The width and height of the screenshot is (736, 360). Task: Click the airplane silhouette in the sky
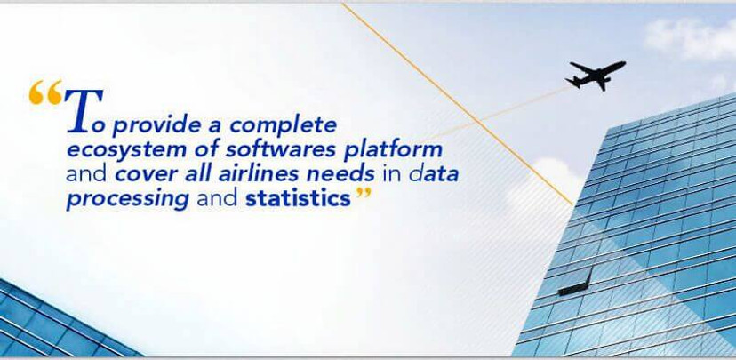pyautogui.click(x=596, y=75)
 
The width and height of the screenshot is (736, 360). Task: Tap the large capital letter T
pyautogui.click(x=84, y=110)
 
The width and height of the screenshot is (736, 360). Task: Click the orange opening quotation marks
pyautogui.click(x=45, y=92)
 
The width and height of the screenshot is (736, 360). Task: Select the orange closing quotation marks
pyautogui.click(x=364, y=194)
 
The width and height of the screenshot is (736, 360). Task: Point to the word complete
pyautogui.click(x=283, y=126)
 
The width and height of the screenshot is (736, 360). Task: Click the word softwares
pyautogui.click(x=281, y=149)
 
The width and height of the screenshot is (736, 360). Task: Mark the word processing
pyautogui.click(x=128, y=199)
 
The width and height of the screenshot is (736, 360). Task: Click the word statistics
pyautogui.click(x=298, y=198)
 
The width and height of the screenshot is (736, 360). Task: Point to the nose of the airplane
pyautogui.click(x=624, y=63)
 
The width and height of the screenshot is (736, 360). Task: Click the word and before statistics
pyautogui.click(x=217, y=198)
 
